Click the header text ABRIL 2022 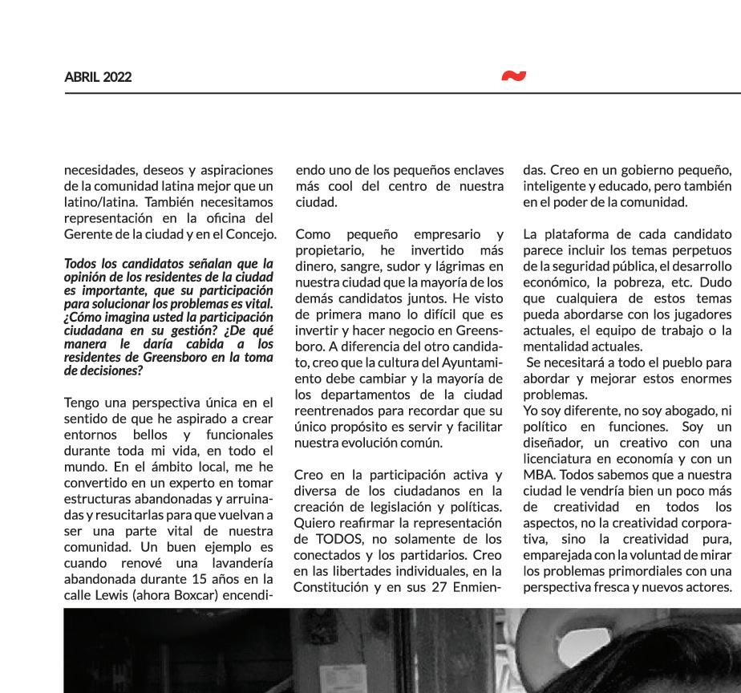tap(98, 77)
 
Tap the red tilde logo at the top tap(514, 76)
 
